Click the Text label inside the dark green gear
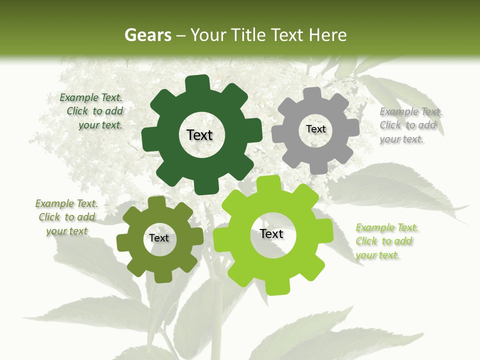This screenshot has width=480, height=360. pyautogui.click(x=199, y=135)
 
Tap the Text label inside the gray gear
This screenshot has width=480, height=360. pyautogui.click(x=315, y=129)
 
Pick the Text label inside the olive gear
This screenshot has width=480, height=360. pyautogui.click(x=159, y=238)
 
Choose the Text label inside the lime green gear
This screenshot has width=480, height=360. pyautogui.click(x=271, y=233)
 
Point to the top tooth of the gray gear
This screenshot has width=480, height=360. pyautogui.click(x=312, y=94)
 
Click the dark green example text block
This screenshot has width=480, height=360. pyautogui.click(x=93, y=111)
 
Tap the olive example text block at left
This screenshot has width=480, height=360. pyautogui.click(x=67, y=217)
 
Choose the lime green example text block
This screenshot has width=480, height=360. pyautogui.click(x=386, y=241)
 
